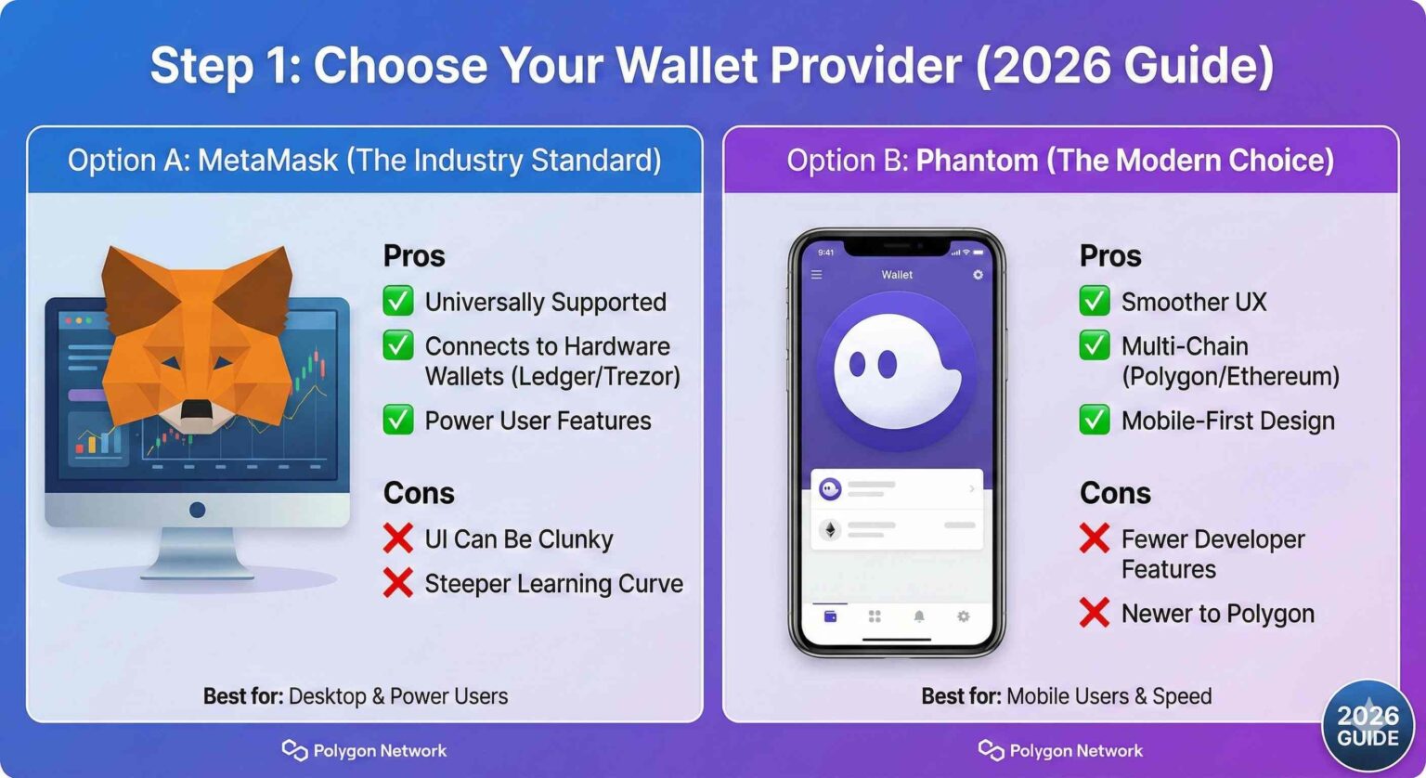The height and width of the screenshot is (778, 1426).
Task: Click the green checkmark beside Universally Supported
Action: click(x=398, y=301)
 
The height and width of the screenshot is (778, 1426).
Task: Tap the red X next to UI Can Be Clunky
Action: click(x=398, y=538)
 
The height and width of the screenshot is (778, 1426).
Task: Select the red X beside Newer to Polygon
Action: click(x=1095, y=613)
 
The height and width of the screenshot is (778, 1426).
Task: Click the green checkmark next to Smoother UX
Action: click(x=1095, y=301)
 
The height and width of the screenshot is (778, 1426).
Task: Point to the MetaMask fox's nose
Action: click(x=197, y=409)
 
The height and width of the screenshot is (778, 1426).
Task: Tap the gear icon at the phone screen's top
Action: click(x=977, y=275)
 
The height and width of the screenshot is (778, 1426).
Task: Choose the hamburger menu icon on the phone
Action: click(x=817, y=275)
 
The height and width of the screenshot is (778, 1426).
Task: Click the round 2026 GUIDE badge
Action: click(x=1368, y=727)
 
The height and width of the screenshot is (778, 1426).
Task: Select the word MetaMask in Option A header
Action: click(x=267, y=161)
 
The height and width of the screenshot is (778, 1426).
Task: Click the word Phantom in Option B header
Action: click(x=977, y=161)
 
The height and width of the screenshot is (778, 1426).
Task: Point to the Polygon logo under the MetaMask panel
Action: click(x=295, y=750)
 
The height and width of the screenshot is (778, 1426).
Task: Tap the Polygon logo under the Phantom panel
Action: click(x=992, y=750)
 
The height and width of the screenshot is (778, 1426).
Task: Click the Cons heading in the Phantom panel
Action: click(x=1115, y=493)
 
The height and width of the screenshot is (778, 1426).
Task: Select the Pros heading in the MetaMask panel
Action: click(x=414, y=256)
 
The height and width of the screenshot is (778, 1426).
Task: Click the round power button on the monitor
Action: click(x=197, y=510)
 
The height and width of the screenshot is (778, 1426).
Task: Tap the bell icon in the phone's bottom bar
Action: click(x=919, y=616)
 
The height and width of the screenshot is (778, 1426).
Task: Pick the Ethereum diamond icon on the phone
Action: click(x=829, y=529)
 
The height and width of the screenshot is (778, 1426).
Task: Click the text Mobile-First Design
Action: click(x=1227, y=421)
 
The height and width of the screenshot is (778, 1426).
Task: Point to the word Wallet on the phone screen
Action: click(x=897, y=275)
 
